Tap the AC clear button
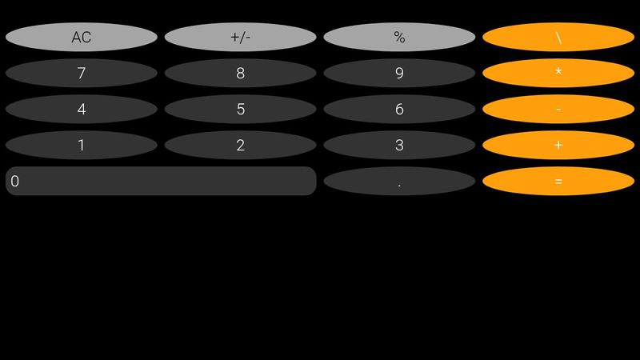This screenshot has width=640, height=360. pyautogui.click(x=81, y=37)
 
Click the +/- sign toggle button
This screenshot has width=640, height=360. pyautogui.click(x=240, y=37)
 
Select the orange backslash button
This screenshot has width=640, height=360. pyautogui.click(x=558, y=37)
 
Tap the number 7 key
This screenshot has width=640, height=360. pyautogui.click(x=81, y=73)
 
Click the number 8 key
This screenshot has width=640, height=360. pyautogui.click(x=240, y=73)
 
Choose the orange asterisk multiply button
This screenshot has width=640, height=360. pyautogui.click(x=558, y=73)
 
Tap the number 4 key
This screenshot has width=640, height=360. pyautogui.click(x=81, y=109)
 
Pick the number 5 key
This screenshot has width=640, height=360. pyautogui.click(x=240, y=109)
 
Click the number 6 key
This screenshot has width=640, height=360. pyautogui.click(x=399, y=109)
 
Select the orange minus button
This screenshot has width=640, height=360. pyautogui.click(x=558, y=109)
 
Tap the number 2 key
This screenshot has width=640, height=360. pyautogui.click(x=240, y=145)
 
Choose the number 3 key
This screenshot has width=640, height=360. pyautogui.click(x=399, y=145)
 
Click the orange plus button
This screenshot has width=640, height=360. pyautogui.click(x=558, y=145)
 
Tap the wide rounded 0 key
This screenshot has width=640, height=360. pyautogui.click(x=161, y=181)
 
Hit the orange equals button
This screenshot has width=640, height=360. pyautogui.click(x=558, y=181)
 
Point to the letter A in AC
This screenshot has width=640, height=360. pyautogui.click(x=76, y=38)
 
